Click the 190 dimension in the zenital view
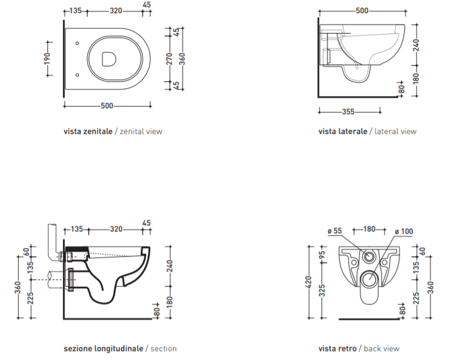47,59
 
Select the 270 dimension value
169,59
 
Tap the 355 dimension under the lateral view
348,111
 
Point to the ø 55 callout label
335,231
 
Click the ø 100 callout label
404,231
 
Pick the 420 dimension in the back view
308,282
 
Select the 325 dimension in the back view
323,291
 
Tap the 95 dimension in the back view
323,254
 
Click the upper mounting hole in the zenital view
77,43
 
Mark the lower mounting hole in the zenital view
77,75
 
